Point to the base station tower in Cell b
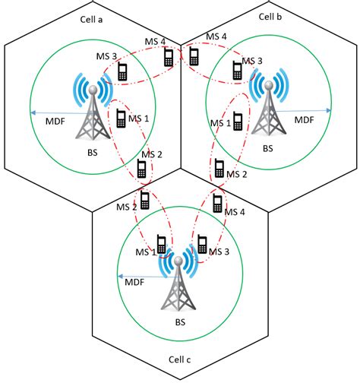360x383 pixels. pos(267,107)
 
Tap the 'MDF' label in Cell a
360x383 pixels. pos(57,119)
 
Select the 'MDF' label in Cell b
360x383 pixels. pos(304,119)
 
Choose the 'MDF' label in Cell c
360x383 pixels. pos(134,282)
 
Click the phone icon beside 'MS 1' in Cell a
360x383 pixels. pos(120,119)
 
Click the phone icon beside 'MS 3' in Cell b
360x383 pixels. pos(238,71)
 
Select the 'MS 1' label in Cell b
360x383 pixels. pos(220,123)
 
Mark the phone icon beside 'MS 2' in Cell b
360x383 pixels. pos(219,168)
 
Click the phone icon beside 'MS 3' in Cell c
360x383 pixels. pos(202,244)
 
